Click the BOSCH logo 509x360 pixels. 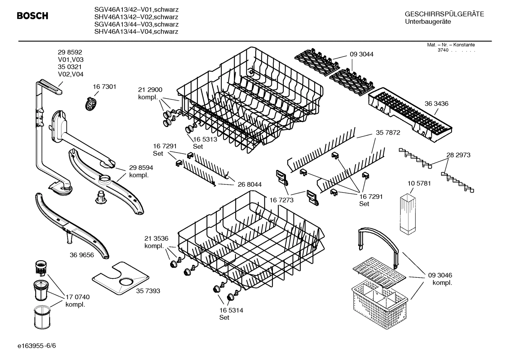(x=32, y=16)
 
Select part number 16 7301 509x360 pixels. (x=104, y=87)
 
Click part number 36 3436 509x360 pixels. (x=436, y=104)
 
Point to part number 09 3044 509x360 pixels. (x=361, y=54)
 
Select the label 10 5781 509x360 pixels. (x=419, y=183)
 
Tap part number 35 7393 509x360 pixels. (x=148, y=291)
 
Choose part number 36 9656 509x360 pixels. (x=82, y=255)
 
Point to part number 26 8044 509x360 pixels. (x=250, y=184)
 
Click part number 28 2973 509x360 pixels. (x=458, y=155)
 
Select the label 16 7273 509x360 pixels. (x=282, y=200)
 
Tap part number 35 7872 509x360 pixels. (x=388, y=132)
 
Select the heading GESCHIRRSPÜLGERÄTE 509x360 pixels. (x=444, y=14)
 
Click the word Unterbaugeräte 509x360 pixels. (x=428, y=22)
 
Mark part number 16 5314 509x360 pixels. (x=231, y=310)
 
